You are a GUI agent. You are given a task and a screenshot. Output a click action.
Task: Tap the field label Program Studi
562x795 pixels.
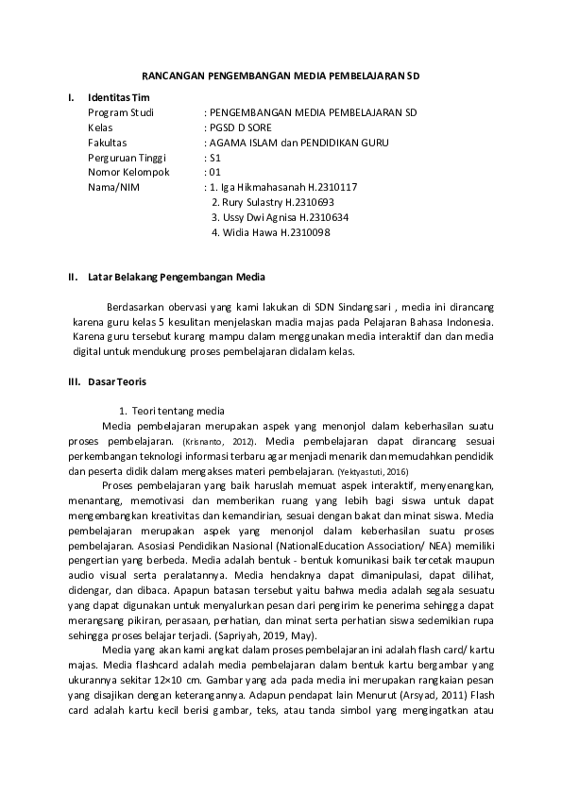click(120, 112)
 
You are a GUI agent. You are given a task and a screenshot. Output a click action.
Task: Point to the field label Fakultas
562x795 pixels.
click(108, 143)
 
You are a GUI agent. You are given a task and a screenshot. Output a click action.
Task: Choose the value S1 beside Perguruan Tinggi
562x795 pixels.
click(215, 158)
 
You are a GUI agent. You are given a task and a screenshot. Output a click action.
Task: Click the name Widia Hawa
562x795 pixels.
click(249, 232)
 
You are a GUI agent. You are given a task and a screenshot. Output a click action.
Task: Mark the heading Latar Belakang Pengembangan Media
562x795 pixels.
click(177, 278)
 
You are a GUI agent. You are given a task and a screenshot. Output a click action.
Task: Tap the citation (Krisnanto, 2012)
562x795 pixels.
click(227, 442)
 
